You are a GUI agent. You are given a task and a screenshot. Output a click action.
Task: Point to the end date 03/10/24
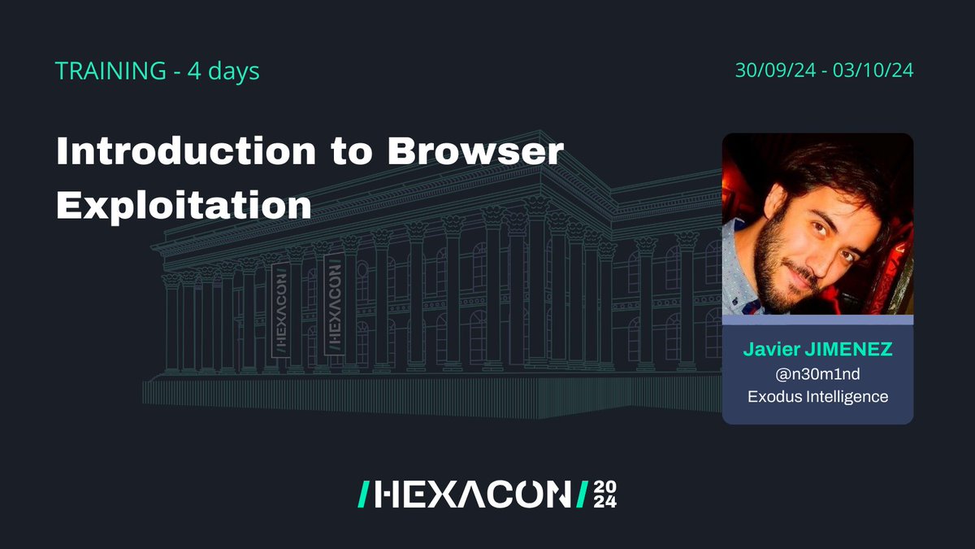pyautogui.click(x=878, y=71)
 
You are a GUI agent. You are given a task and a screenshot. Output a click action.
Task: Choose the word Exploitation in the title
pyautogui.click(x=184, y=203)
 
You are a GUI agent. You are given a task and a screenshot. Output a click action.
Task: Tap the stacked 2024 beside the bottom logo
pyautogui.click(x=604, y=493)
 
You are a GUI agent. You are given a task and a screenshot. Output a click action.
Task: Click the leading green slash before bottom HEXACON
pyautogui.click(x=365, y=493)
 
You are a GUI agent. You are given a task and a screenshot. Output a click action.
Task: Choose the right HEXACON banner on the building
pyautogui.click(x=333, y=306)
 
